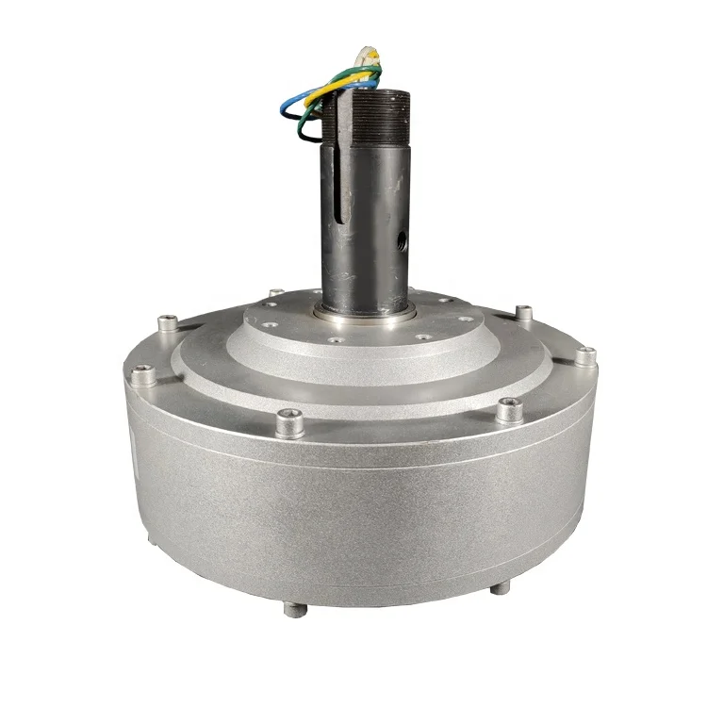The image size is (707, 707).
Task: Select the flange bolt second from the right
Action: click(x=524, y=312)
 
